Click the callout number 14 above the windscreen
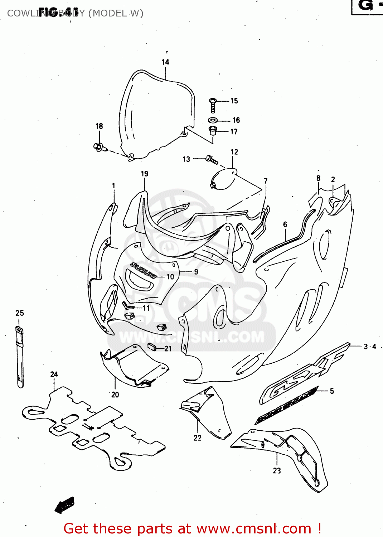(165, 62)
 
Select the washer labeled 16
(213, 120)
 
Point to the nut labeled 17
(213, 130)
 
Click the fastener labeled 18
(98, 146)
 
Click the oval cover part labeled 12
(223, 179)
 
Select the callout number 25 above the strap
(20, 313)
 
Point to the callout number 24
(54, 374)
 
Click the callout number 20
(115, 395)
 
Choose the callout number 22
(198, 437)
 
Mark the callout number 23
(277, 470)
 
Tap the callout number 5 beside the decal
(332, 391)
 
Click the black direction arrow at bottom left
(65, 505)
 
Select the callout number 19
(145, 174)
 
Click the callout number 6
(285, 224)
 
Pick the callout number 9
(196, 272)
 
